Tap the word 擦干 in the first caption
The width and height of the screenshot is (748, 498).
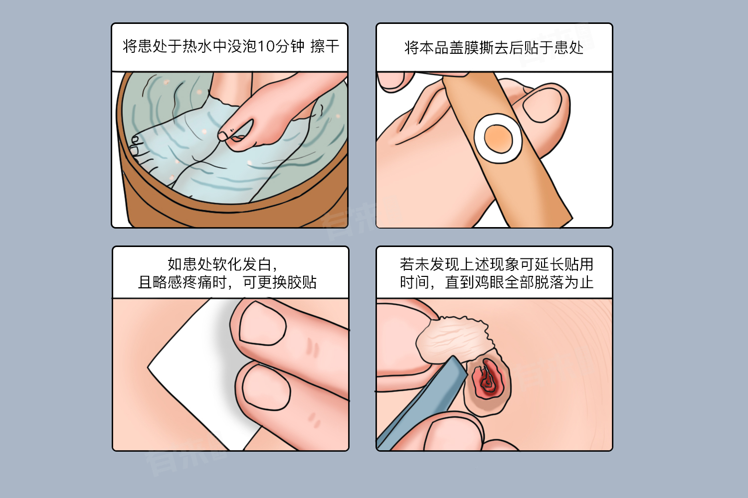click(x=325, y=46)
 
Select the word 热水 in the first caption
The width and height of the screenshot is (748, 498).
click(x=197, y=46)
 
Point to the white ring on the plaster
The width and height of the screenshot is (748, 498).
click(x=479, y=139)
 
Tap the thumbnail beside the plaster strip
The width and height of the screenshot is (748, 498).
click(x=542, y=106)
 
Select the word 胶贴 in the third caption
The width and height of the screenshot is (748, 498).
click(x=302, y=282)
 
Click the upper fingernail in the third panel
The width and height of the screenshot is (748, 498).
click(x=263, y=323)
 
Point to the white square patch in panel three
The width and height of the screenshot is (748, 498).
click(x=197, y=370)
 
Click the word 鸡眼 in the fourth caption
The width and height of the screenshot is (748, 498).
click(x=489, y=282)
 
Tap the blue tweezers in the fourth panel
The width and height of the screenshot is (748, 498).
click(x=422, y=403)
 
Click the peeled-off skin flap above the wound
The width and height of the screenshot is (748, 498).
click(x=454, y=339)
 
